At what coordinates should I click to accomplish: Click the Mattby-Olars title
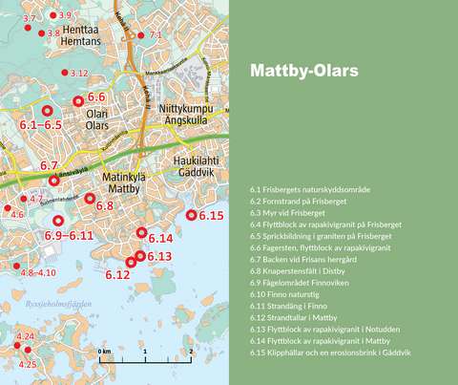[x=303, y=72]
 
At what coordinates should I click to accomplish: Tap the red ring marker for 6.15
[x=192, y=216]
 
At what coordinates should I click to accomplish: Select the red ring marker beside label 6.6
[x=78, y=100]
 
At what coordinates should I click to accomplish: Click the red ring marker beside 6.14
[x=141, y=232]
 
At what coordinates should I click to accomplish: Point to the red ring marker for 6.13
[x=140, y=255]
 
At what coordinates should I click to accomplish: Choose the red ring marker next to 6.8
[x=90, y=199]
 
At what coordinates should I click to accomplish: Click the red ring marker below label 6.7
[x=54, y=180]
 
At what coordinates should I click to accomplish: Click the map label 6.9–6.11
[x=68, y=235]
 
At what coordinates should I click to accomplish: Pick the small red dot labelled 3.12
[x=64, y=73]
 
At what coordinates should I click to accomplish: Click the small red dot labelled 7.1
[x=145, y=35]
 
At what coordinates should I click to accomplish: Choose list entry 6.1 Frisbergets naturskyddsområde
[x=310, y=191]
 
